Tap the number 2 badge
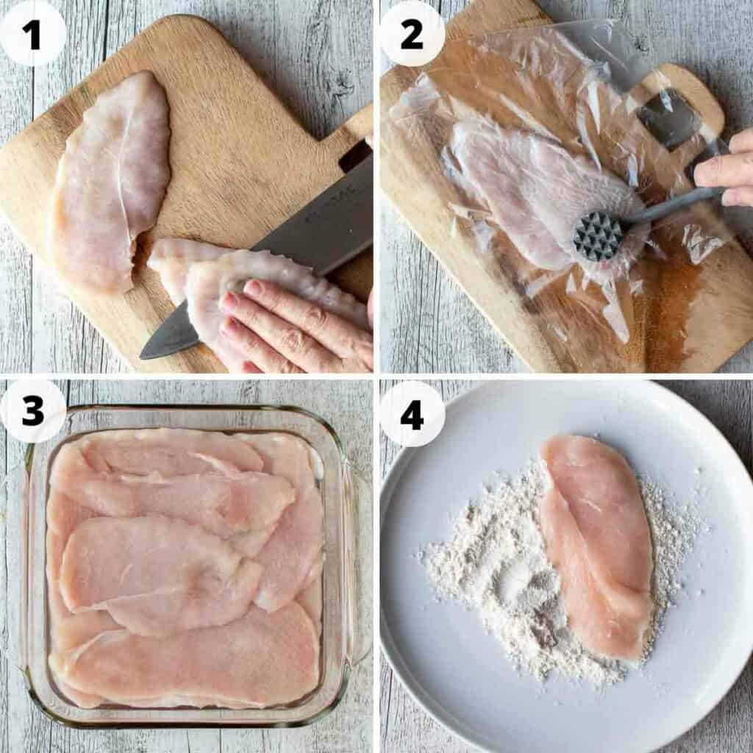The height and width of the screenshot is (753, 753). [412, 33]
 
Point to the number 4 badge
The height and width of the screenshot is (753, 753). [412, 413]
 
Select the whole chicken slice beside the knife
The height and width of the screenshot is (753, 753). [110, 180]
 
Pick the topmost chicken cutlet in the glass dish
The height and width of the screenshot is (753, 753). [176, 452]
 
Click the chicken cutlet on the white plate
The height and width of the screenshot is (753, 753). [596, 544]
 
